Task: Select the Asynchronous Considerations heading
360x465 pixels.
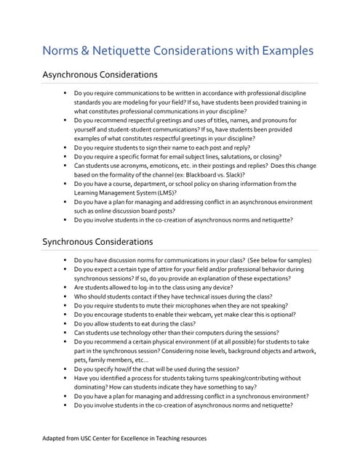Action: [x=100, y=75]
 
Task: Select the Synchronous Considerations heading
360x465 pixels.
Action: [x=97, y=242]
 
